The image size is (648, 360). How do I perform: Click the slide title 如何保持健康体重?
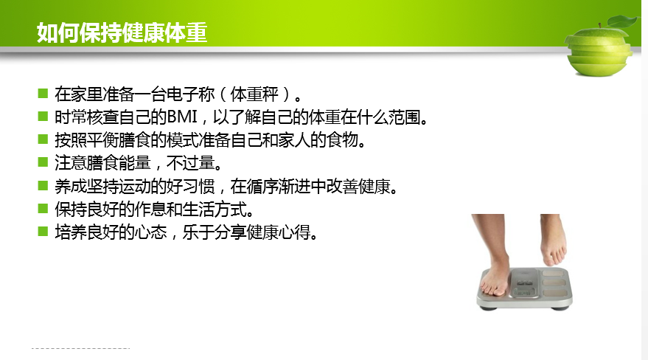[x=122, y=32]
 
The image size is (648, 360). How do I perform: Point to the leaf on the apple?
[x=622, y=21]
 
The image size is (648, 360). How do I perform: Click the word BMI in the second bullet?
[x=182, y=117]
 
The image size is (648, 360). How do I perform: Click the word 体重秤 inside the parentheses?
[x=254, y=94]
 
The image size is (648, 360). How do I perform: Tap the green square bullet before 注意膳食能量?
[x=43, y=162]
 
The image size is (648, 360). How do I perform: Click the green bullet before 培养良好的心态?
[x=43, y=231]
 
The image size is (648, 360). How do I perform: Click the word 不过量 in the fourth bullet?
[x=190, y=163]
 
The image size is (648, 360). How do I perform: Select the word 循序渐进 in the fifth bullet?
[x=279, y=187]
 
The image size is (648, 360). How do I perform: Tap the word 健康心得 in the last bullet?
[x=279, y=232]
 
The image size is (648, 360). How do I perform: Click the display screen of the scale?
[x=525, y=283]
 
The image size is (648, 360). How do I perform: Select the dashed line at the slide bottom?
[x=80, y=348]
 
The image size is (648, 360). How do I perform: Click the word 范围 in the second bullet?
[x=404, y=117]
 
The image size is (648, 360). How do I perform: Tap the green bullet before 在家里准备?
[x=43, y=93]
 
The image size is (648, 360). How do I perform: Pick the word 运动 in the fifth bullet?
[x=134, y=187]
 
